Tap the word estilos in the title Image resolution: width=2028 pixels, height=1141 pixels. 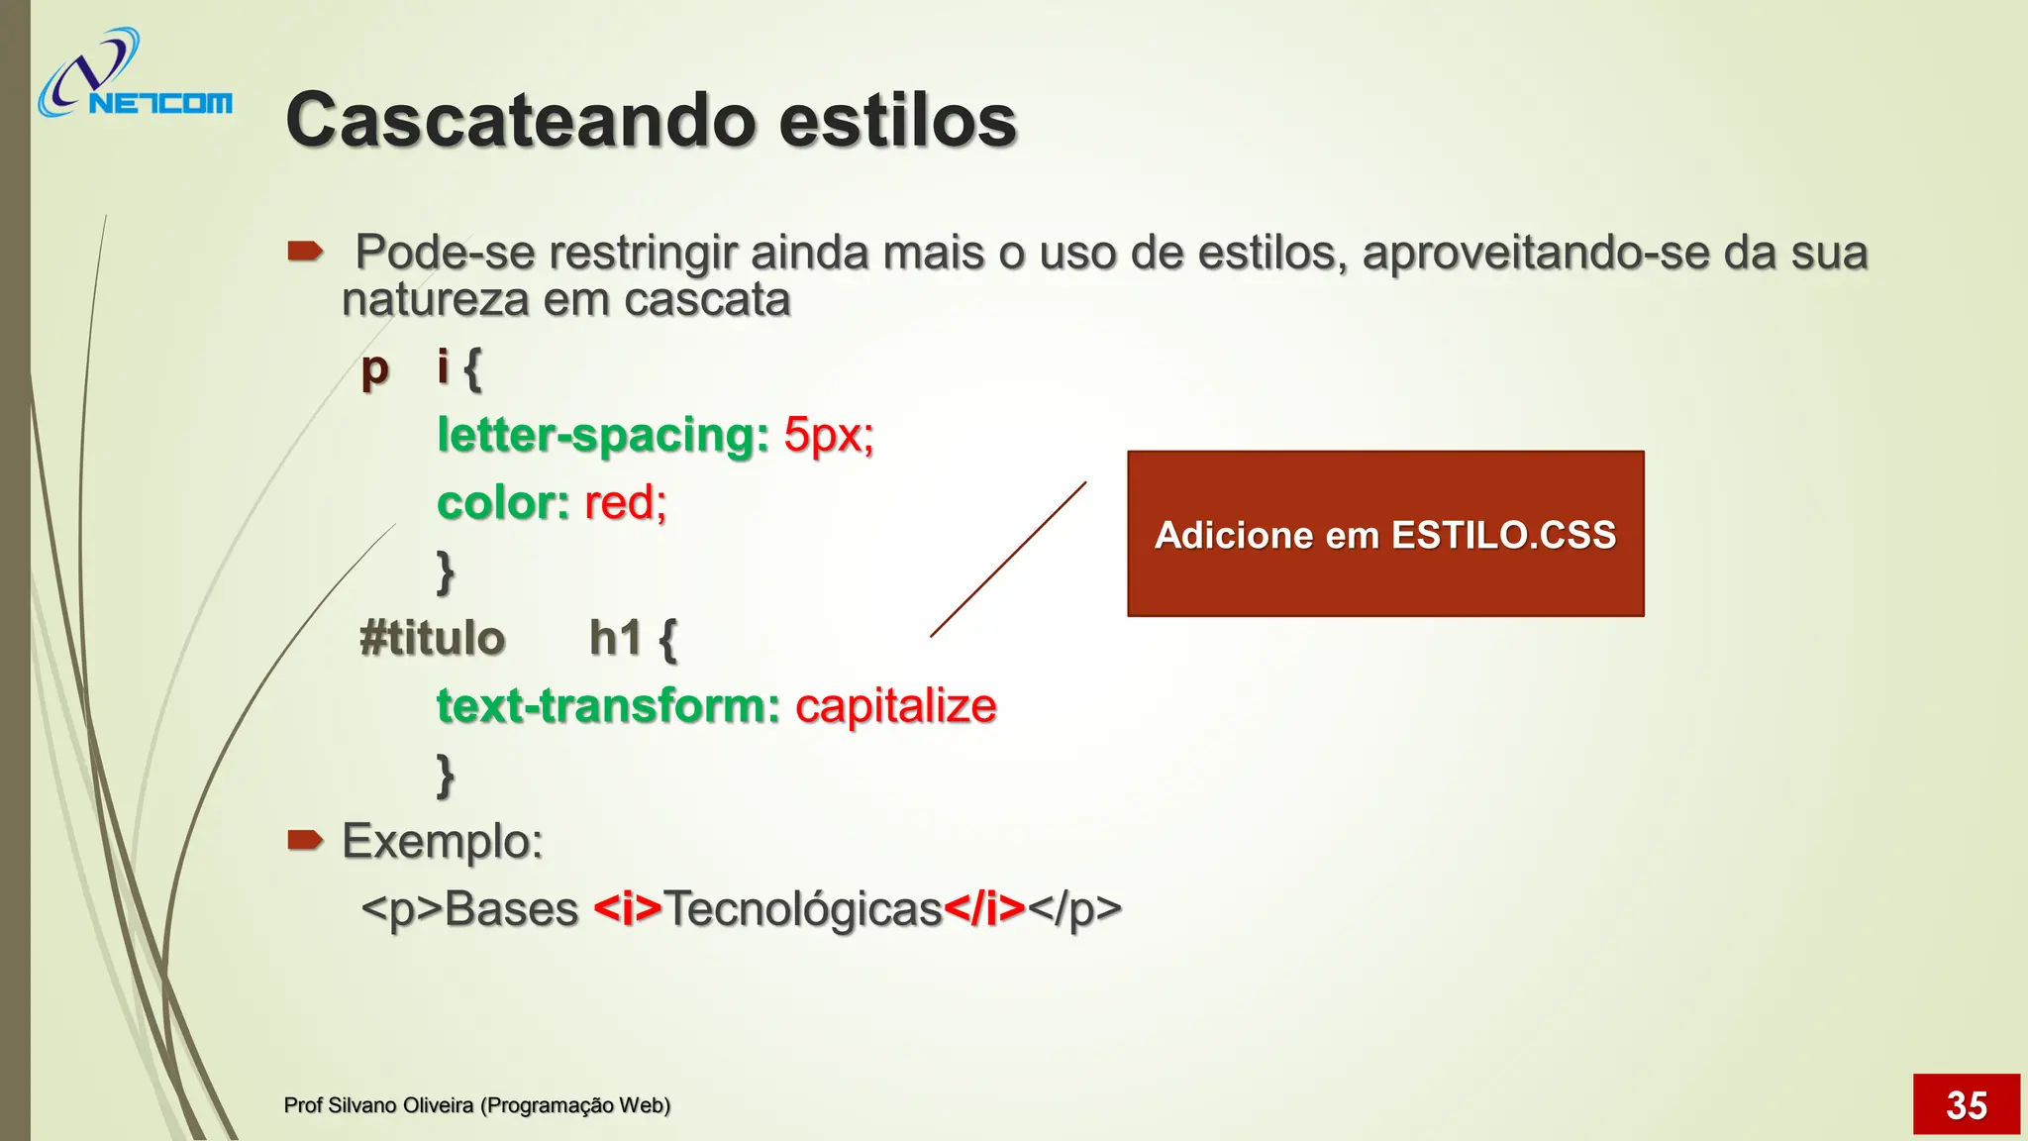click(x=897, y=121)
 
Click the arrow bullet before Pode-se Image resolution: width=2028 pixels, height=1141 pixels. click(x=305, y=251)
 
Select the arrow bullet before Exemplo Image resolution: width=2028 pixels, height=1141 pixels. click(x=305, y=841)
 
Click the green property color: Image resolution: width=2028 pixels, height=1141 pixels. click(x=503, y=502)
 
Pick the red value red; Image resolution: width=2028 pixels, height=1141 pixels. click(x=626, y=502)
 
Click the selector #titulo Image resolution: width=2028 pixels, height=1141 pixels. click(x=433, y=638)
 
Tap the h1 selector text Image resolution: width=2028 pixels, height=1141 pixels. click(x=616, y=638)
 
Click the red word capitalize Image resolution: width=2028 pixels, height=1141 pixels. click(x=895, y=706)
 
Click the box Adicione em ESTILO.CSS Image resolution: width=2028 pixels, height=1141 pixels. click(x=1384, y=534)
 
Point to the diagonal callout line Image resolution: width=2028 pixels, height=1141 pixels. click(x=1008, y=560)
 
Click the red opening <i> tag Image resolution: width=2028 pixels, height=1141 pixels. click(x=627, y=908)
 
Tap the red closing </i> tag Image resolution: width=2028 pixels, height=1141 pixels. click(x=984, y=908)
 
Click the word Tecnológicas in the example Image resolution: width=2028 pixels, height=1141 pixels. click(x=802, y=908)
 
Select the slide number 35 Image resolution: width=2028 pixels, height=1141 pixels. click(x=1966, y=1104)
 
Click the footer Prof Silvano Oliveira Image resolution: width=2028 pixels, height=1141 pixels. click(x=476, y=1105)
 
